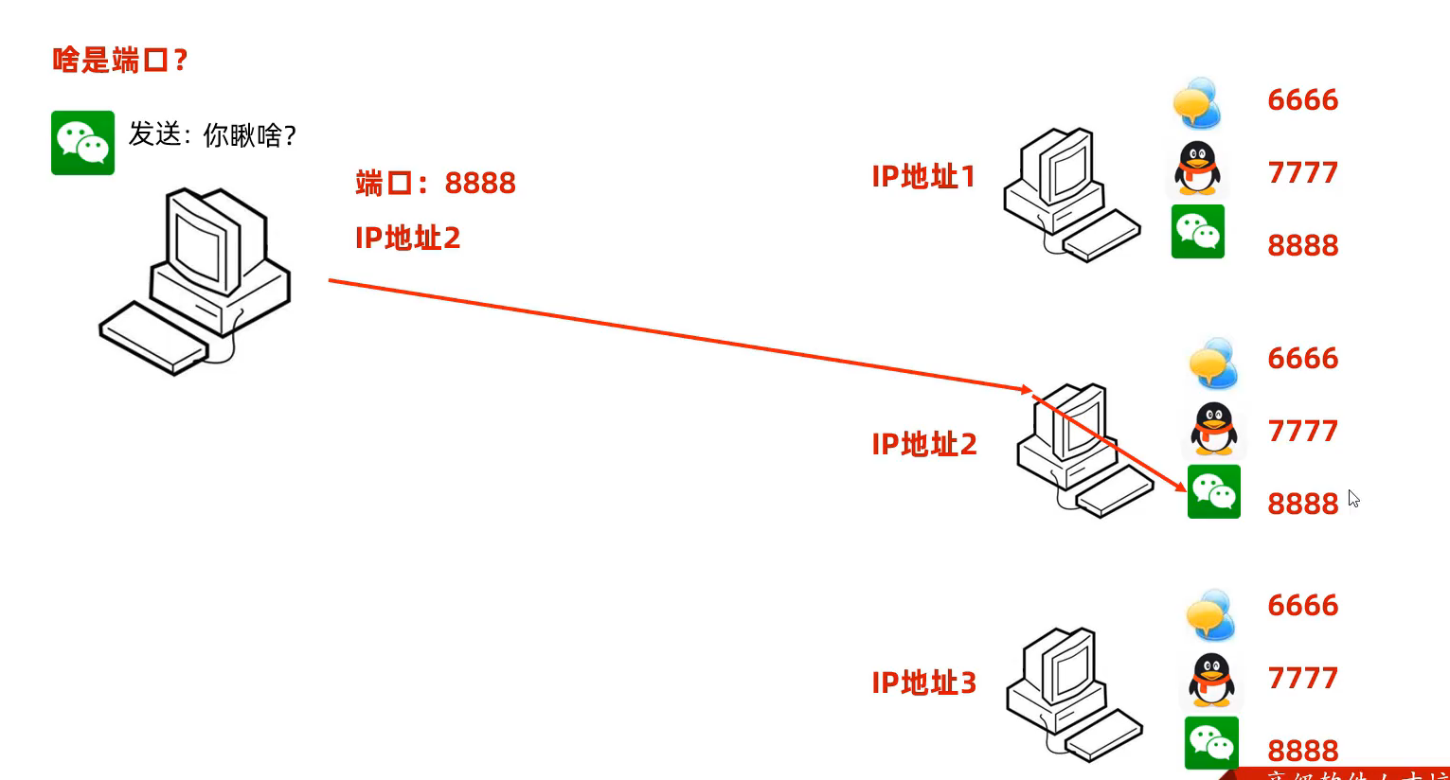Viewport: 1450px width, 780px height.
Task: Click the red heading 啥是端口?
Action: (119, 62)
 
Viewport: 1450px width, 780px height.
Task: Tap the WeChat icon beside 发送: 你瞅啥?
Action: (82, 143)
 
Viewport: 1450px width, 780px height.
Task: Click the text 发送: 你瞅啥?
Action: (212, 135)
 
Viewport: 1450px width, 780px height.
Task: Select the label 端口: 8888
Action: (436, 183)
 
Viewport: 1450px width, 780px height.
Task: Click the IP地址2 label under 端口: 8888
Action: (407, 238)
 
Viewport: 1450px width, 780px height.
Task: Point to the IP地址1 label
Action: (923, 177)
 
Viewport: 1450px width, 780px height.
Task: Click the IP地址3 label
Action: (923, 682)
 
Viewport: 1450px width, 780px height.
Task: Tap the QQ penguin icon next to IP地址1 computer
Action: (1198, 168)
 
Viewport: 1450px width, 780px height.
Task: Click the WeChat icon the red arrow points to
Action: (1213, 491)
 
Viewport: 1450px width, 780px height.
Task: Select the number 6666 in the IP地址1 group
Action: (1302, 100)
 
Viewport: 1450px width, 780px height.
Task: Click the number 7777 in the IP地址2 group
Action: (1302, 432)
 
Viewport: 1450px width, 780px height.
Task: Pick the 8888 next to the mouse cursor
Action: (1302, 504)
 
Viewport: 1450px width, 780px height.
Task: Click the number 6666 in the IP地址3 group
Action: (1302, 606)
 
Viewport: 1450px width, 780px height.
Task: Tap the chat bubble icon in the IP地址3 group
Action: (1210, 614)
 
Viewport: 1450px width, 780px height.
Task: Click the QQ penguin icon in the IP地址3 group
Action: (1211, 679)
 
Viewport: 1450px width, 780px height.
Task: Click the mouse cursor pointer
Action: (1353, 499)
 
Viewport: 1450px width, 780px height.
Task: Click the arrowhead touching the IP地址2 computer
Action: (1027, 389)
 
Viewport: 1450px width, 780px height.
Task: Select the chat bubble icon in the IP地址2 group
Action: (1213, 363)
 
